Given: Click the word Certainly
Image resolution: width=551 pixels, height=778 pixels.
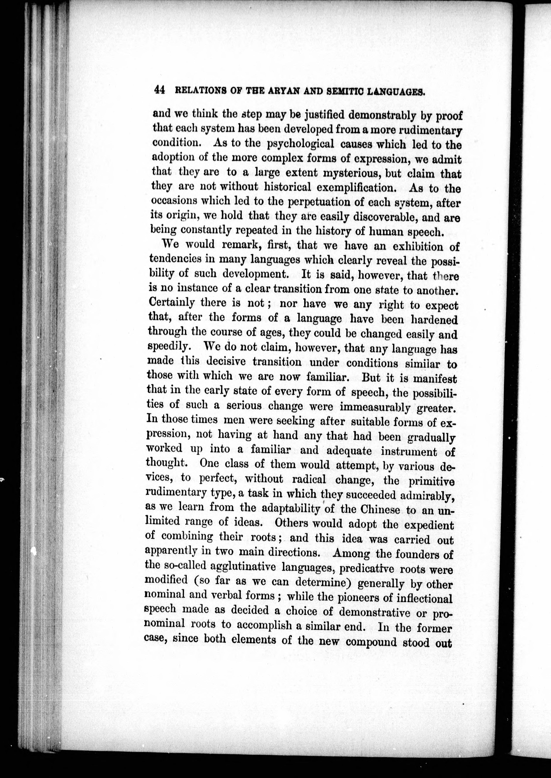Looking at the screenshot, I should pos(172,302).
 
